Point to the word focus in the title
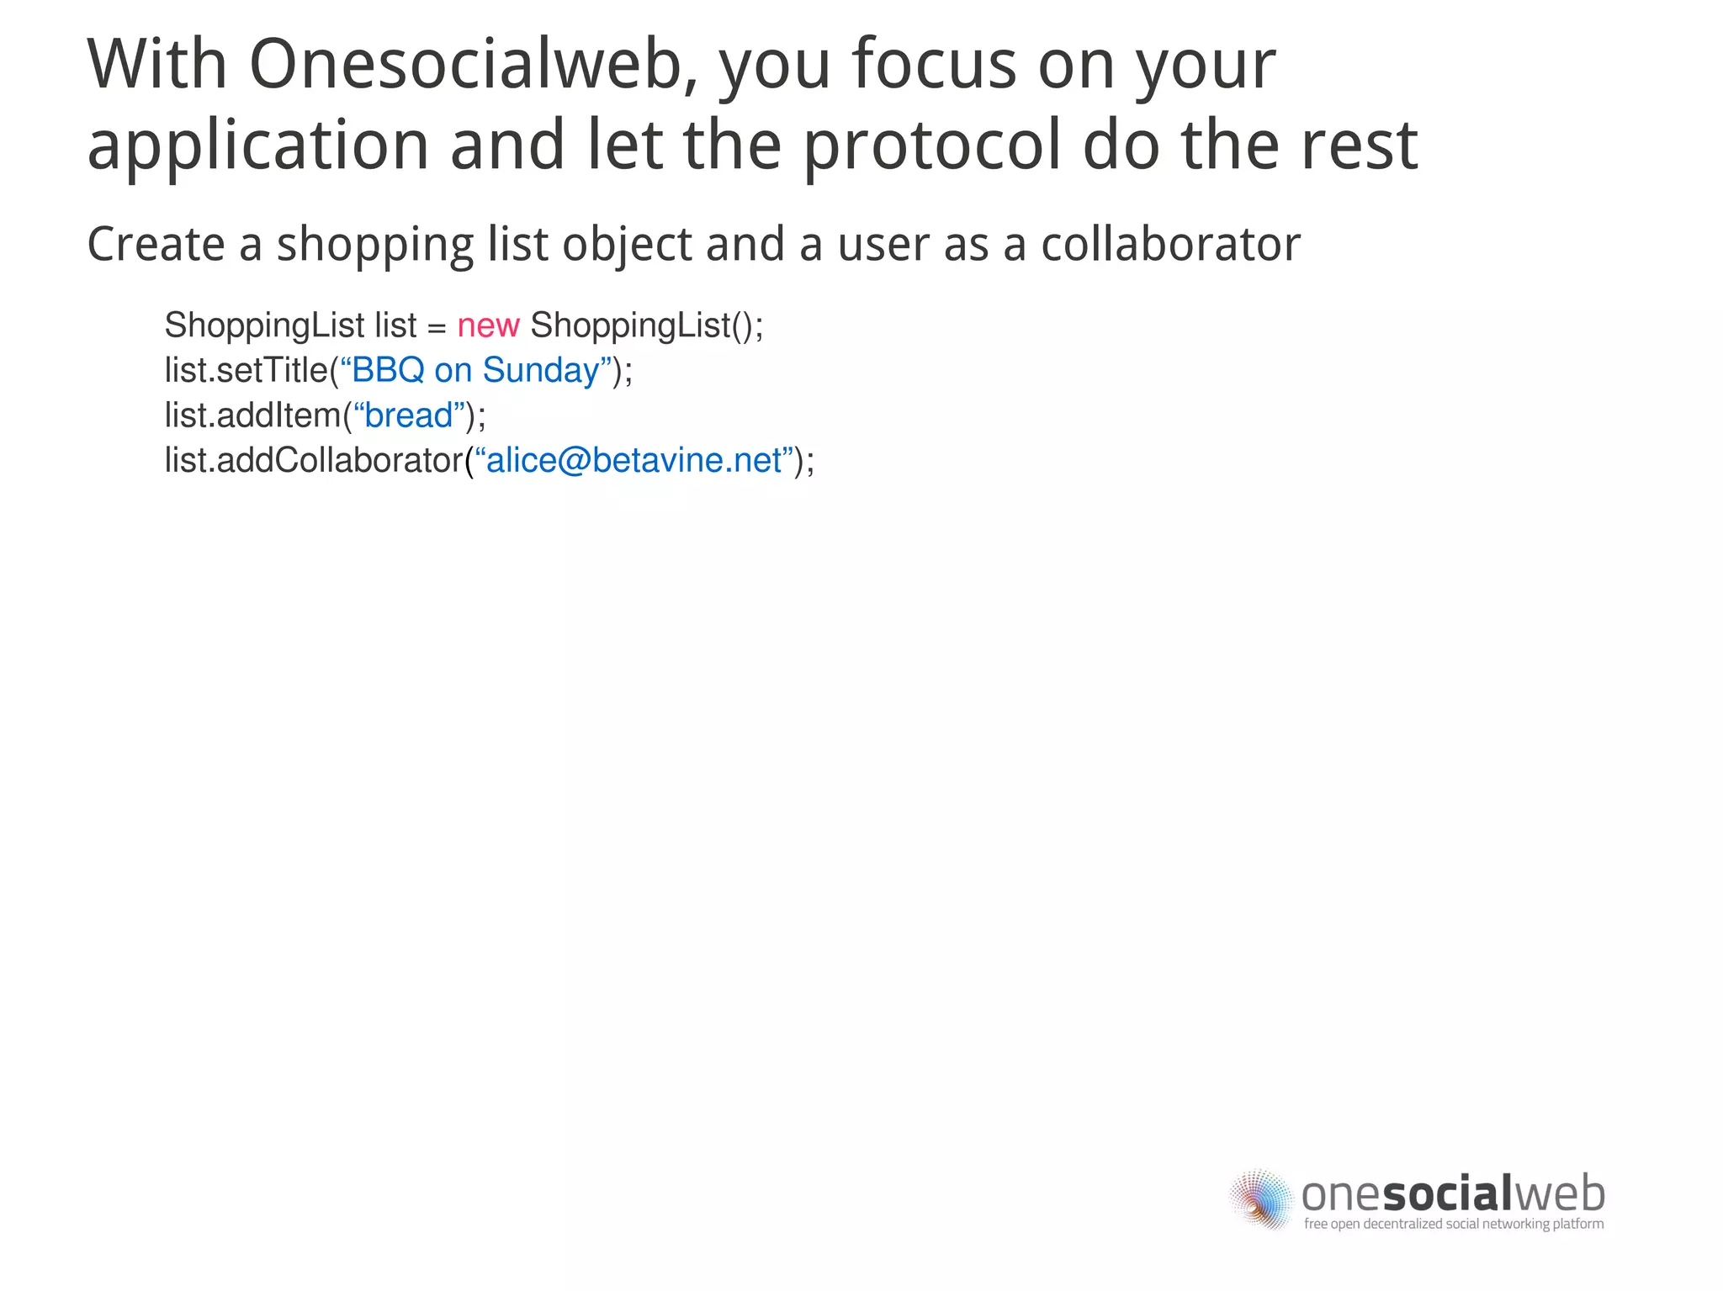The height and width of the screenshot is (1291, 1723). pos(934,65)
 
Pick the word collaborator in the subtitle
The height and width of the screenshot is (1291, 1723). pos(1170,245)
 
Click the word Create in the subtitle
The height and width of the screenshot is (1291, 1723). pos(156,245)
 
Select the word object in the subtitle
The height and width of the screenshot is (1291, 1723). pos(626,245)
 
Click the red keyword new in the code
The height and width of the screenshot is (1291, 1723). pos(488,325)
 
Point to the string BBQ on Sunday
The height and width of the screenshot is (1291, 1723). pos(475,370)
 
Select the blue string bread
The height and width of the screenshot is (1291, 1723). pos(409,415)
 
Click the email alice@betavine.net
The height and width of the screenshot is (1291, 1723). pos(634,461)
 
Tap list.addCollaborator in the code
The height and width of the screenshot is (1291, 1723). pos(313,461)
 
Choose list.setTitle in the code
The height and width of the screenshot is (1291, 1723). pos(246,370)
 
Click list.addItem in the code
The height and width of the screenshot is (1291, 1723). pos(252,415)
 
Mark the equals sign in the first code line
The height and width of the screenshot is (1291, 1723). pos(437,327)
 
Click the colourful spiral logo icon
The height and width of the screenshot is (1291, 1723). pos(1261,1199)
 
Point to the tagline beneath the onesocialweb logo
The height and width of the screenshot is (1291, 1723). pos(1454,1224)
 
